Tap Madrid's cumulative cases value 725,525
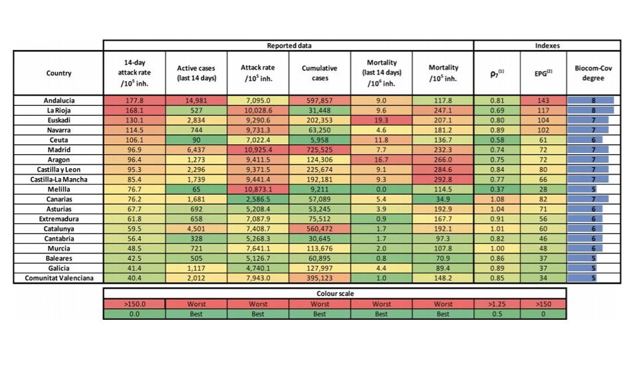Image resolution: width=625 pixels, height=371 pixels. pyautogui.click(x=320, y=151)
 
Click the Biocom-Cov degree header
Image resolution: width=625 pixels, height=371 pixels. pyautogui.click(x=589, y=73)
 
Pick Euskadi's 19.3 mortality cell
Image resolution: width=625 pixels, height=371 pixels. pyautogui.click(x=381, y=120)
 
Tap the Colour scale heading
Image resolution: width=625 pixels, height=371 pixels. pyautogui.click(x=334, y=293)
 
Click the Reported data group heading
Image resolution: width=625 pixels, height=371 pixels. pyautogui.click(x=289, y=46)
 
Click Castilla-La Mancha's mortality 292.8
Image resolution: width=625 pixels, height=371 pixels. pyautogui.click(x=443, y=180)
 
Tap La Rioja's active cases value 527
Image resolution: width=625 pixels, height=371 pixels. pyautogui.click(x=196, y=110)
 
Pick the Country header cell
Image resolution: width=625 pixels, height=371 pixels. pyautogui.click(x=59, y=73)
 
